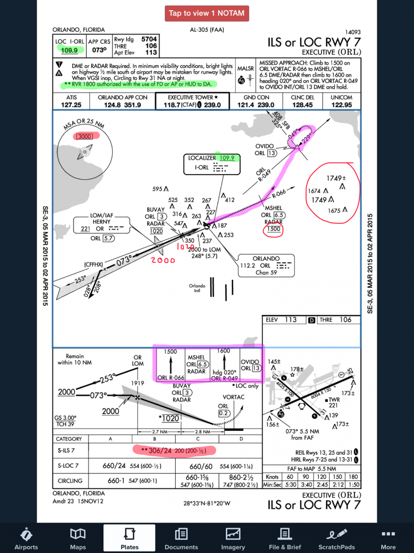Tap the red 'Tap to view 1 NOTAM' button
pyautogui.click(x=207, y=13)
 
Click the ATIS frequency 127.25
pyautogui.click(x=71, y=105)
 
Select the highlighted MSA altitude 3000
pyautogui.click(x=84, y=136)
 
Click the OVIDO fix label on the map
pyautogui.click(x=265, y=146)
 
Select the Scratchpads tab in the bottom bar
pyautogui.click(x=336, y=539)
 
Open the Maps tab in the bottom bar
pyautogui.click(x=78, y=539)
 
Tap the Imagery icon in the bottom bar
pyautogui.click(x=233, y=539)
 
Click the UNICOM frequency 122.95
pyautogui.click(x=341, y=105)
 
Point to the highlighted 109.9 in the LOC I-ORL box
pyautogui.click(x=69, y=50)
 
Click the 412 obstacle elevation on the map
pyautogui.click(x=230, y=200)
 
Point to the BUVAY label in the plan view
pyautogui.click(x=156, y=209)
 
